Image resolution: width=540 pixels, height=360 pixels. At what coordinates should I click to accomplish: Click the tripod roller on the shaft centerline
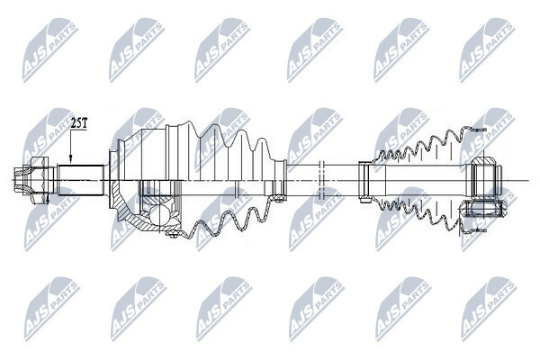click(485, 175)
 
